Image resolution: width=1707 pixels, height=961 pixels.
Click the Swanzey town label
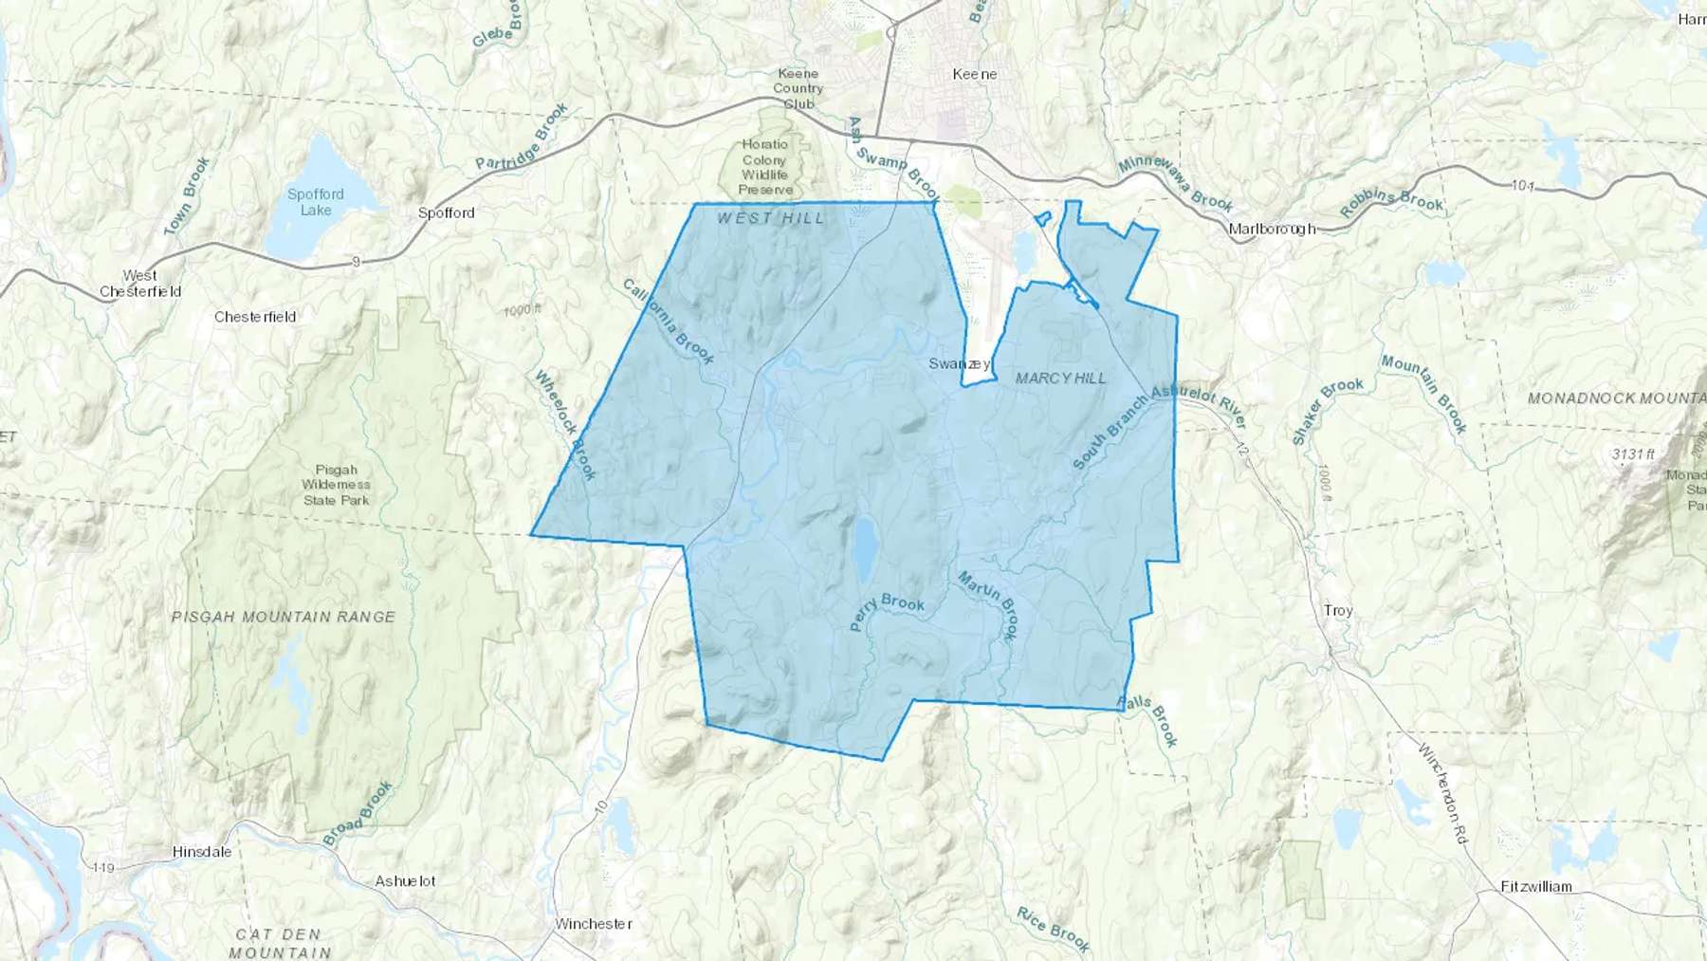(x=959, y=364)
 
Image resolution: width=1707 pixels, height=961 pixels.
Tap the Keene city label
(x=974, y=74)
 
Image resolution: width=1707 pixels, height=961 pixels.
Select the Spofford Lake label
(x=316, y=202)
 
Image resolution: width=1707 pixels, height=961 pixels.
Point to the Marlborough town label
(x=1272, y=229)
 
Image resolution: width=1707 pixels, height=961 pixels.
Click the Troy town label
(x=1338, y=610)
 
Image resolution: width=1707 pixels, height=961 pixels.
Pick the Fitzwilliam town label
(x=1536, y=887)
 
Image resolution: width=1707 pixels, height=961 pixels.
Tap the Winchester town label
(x=594, y=923)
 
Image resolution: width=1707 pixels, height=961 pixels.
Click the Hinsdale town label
(x=202, y=852)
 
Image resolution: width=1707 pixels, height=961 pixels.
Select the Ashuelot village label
(x=405, y=881)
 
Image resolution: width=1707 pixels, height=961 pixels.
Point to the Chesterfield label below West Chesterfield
(x=255, y=317)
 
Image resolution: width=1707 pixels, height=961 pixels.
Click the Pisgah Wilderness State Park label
(x=336, y=485)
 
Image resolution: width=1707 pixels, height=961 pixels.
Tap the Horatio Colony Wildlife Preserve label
(x=765, y=167)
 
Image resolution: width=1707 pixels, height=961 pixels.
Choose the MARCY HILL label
(x=1060, y=378)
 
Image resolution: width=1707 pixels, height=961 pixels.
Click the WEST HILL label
(x=771, y=218)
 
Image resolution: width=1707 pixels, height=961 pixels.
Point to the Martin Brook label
(x=988, y=604)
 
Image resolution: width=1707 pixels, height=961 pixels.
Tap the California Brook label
(x=669, y=322)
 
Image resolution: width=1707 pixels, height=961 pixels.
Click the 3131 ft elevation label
(x=1633, y=454)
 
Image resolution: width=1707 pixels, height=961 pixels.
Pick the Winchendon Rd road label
(x=1442, y=793)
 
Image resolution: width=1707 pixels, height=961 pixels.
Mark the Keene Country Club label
(x=798, y=88)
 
